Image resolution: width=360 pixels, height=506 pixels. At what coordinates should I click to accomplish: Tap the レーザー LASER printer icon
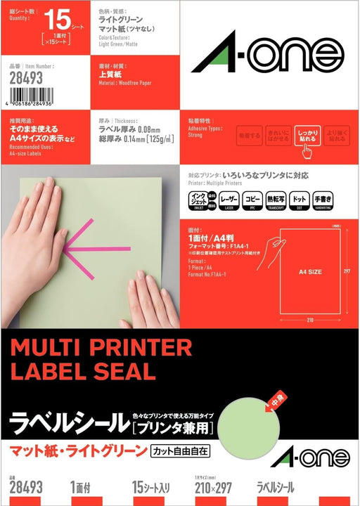[229, 200]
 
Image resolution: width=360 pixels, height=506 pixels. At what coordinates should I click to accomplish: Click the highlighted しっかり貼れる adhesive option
[308, 136]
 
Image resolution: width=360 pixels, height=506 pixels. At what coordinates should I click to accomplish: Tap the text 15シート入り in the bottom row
[152, 487]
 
